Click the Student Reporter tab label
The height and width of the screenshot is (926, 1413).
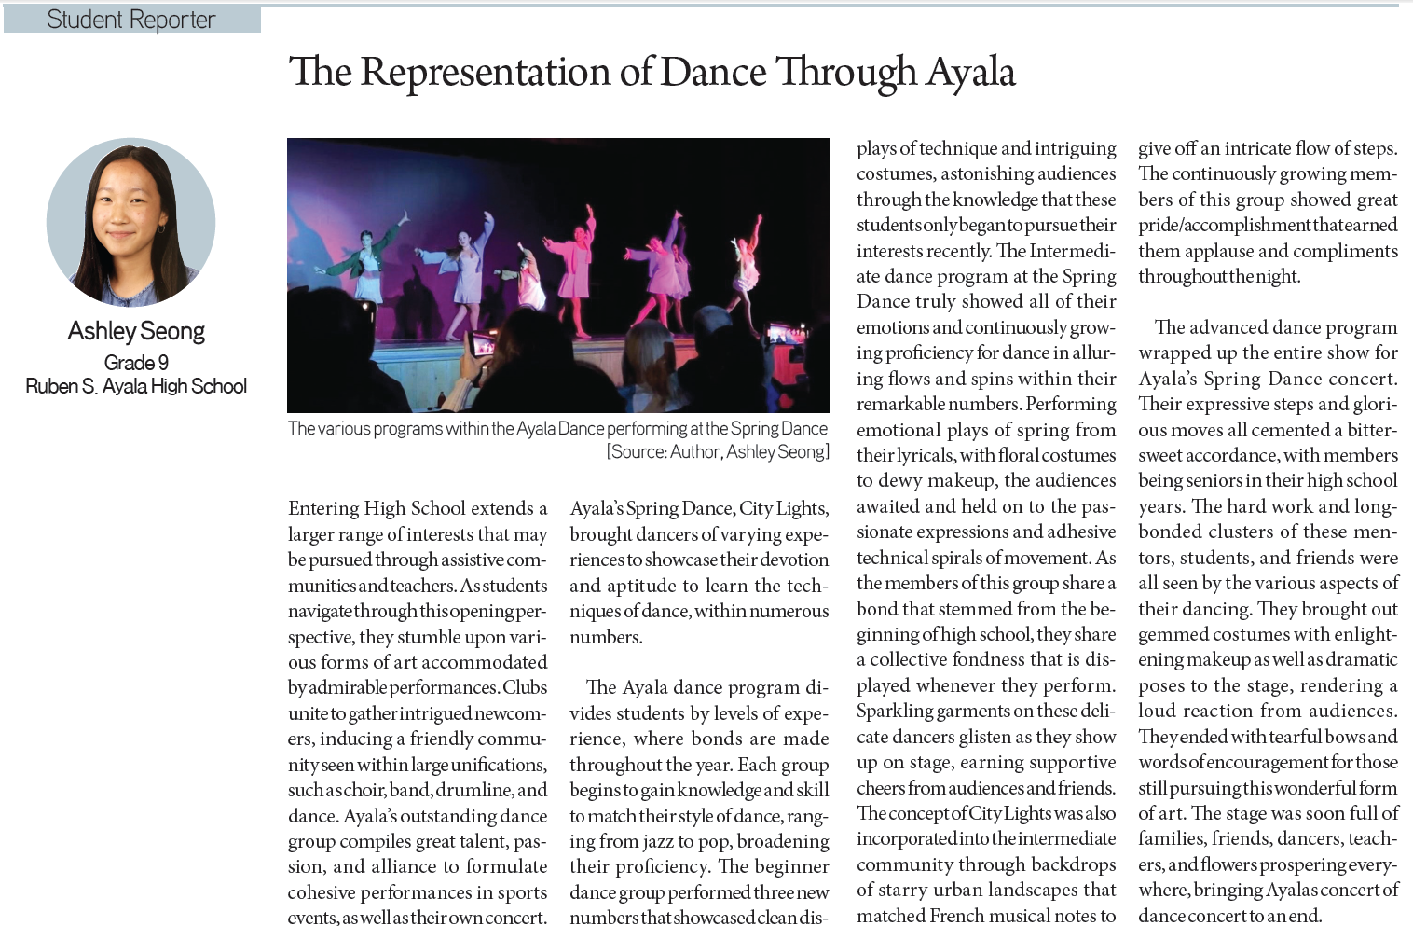[x=131, y=20]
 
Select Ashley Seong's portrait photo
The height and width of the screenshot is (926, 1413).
[x=131, y=222]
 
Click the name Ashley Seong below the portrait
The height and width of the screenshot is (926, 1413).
[x=136, y=331]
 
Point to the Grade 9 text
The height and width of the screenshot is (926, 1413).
[x=136, y=362]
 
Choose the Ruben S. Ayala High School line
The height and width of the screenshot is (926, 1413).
[x=136, y=386]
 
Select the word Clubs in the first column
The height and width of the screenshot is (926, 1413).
[x=525, y=687]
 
